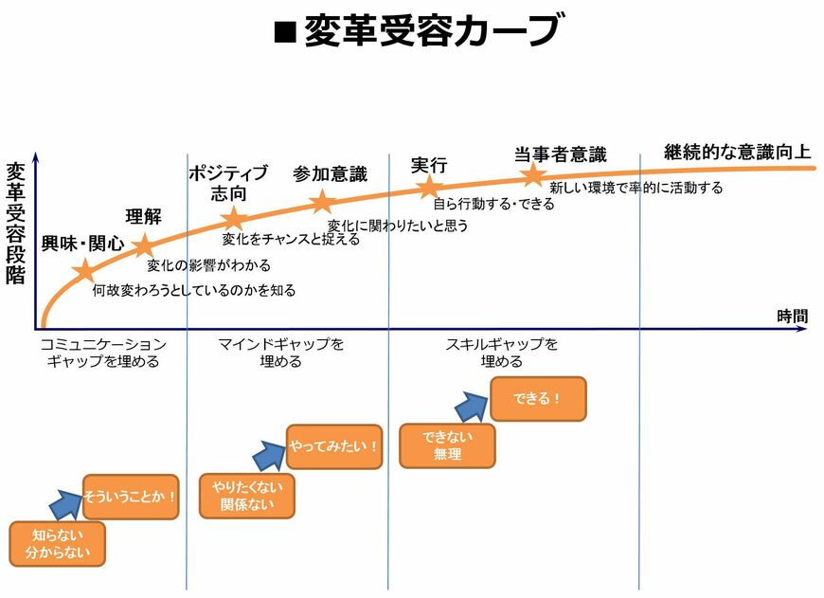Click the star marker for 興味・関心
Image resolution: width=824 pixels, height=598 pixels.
(85, 272)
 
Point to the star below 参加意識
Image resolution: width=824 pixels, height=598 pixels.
(322, 201)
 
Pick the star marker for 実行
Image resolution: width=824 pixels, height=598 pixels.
(431, 186)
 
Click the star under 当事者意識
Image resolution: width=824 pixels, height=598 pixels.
(533, 174)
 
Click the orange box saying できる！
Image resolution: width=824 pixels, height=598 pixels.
(538, 399)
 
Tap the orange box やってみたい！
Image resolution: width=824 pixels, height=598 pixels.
(334, 446)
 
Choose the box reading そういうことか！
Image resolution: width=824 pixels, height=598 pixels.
(131, 497)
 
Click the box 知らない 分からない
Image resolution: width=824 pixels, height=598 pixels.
(57, 544)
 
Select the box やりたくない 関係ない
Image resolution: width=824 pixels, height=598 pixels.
(246, 496)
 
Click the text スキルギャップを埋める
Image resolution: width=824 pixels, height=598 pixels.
(501, 353)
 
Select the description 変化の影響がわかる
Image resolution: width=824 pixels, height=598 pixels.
(208, 264)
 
